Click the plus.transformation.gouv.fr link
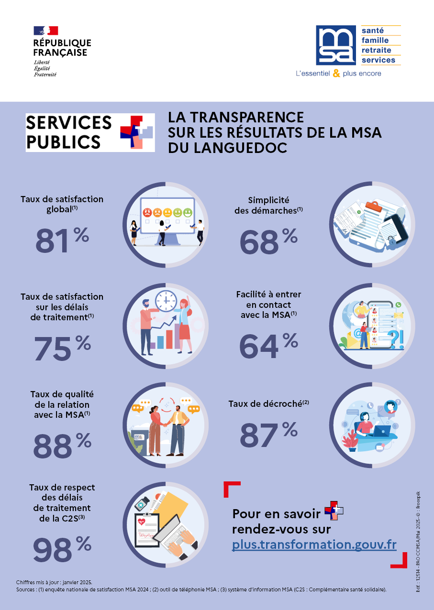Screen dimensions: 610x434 coord(314,545)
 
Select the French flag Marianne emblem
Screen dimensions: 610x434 coord(46,31)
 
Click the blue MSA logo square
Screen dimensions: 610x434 coord(335,45)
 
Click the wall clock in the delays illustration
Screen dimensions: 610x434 coord(166,301)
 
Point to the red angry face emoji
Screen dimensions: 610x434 coord(146,212)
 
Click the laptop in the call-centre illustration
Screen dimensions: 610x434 coord(382,431)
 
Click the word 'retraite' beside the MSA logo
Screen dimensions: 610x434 coord(376,50)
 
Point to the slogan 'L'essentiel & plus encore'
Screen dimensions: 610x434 coord(339,74)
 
